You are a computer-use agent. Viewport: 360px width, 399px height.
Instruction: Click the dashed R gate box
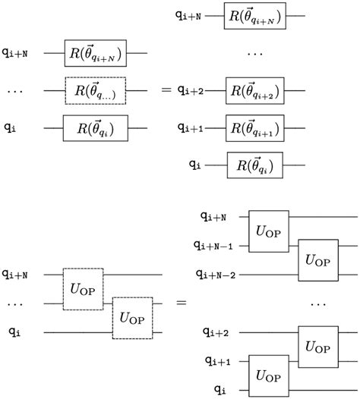pos(95,90)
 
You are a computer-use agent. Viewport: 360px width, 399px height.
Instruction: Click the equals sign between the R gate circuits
pos(166,90)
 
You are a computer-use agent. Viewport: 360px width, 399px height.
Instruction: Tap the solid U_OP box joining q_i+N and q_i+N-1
pos(268,231)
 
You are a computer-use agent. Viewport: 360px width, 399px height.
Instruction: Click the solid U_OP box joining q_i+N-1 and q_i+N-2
pos(317,258)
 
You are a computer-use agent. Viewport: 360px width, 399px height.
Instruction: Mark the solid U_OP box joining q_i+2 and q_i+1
pos(317,346)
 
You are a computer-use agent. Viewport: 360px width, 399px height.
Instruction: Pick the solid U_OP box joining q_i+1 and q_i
pos(268,375)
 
